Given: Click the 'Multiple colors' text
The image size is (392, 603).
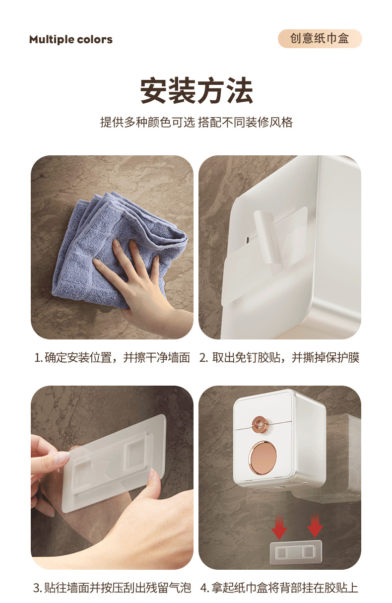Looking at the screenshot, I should [x=70, y=40].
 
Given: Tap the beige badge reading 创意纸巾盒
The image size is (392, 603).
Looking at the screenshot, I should [x=320, y=39].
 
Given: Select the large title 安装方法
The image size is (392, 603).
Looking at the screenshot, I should [x=196, y=90].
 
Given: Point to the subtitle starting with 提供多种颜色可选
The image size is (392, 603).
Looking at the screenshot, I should [x=196, y=122].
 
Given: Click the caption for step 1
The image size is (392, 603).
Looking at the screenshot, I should [x=112, y=357].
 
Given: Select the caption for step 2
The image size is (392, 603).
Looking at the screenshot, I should [x=279, y=357].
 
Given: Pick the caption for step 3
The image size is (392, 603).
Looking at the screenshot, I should [x=112, y=588].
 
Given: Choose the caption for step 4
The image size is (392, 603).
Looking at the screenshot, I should [x=279, y=588].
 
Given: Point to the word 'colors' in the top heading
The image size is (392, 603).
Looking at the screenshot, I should [x=96, y=40].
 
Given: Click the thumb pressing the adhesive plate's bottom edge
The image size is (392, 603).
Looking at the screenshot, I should [x=154, y=484].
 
